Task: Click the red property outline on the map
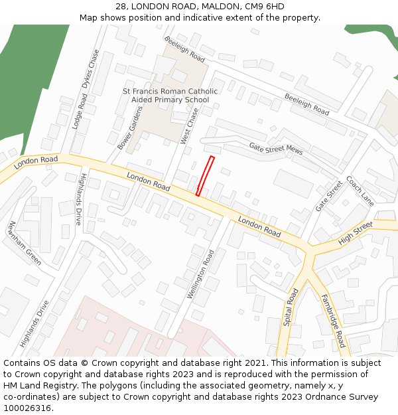[x=205, y=176]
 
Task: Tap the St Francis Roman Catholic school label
[x=170, y=96]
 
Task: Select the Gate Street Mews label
[x=276, y=149]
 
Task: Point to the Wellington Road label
[x=200, y=274]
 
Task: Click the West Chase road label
[x=190, y=126]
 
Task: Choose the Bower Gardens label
[x=130, y=127]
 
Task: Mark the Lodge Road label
[x=79, y=111]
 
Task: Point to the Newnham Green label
[x=25, y=243]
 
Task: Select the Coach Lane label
[x=360, y=190]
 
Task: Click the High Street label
[x=356, y=234]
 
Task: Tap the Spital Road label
[x=291, y=307]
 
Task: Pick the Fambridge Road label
[x=333, y=321]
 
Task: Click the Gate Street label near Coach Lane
[x=329, y=196]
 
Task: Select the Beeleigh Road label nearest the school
[x=184, y=49]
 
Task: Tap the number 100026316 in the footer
[x=29, y=408]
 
